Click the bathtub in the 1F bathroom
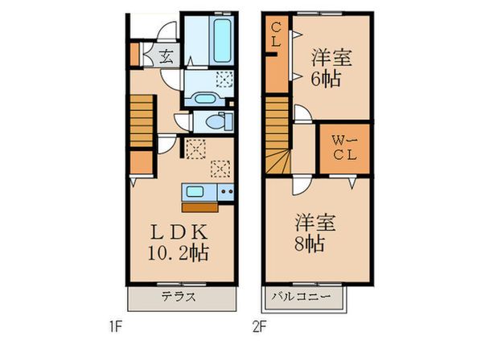coord(222,40)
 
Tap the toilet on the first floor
coord(220,121)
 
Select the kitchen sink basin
coord(195,192)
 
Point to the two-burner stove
coord(226,192)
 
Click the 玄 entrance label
coord(166,56)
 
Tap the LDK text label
coord(179,232)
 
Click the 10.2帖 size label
coord(179,252)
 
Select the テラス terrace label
coord(179,297)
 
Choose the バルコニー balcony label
coord(302,297)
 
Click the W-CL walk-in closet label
coord(345,148)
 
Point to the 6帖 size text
coord(326,79)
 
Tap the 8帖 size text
coord(309,244)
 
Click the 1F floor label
coord(116,328)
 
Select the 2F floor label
coord(259,328)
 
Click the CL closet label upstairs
coord(276,35)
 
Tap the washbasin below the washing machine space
coord(204,99)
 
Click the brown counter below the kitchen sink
coord(199,207)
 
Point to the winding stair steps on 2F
coord(277,162)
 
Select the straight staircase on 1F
coord(142,121)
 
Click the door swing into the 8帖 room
coord(301,186)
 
